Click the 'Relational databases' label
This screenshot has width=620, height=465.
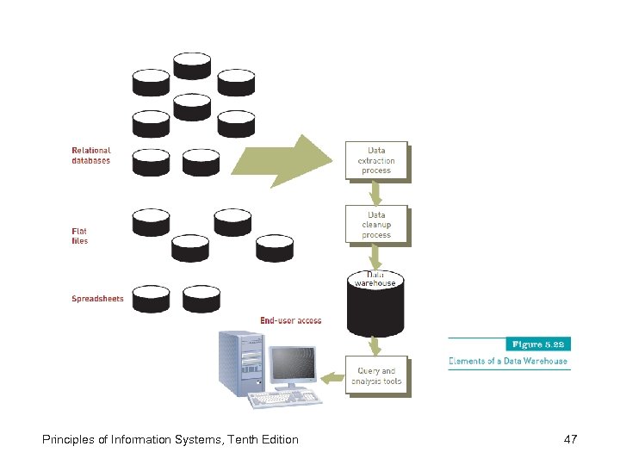click(90, 156)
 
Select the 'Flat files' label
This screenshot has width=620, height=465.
click(79, 236)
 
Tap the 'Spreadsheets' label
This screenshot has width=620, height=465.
click(97, 300)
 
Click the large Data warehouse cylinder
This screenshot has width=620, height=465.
click(375, 306)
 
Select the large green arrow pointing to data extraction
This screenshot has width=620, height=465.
click(284, 161)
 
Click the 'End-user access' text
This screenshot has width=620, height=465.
click(291, 321)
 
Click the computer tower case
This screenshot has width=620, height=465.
click(240, 365)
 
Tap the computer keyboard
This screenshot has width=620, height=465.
click(282, 399)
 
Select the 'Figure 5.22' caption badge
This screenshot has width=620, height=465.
click(536, 344)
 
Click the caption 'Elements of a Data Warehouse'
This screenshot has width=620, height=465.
click(508, 362)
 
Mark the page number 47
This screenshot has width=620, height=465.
click(570, 440)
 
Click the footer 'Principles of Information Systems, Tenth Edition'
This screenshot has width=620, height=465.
click(170, 440)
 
